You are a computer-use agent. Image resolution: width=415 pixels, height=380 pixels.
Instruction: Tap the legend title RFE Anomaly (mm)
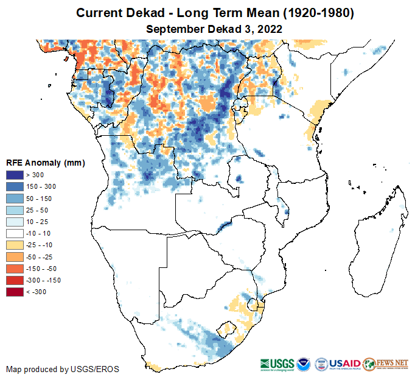[46, 163]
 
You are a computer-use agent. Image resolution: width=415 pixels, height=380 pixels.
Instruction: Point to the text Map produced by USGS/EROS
[63, 369]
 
